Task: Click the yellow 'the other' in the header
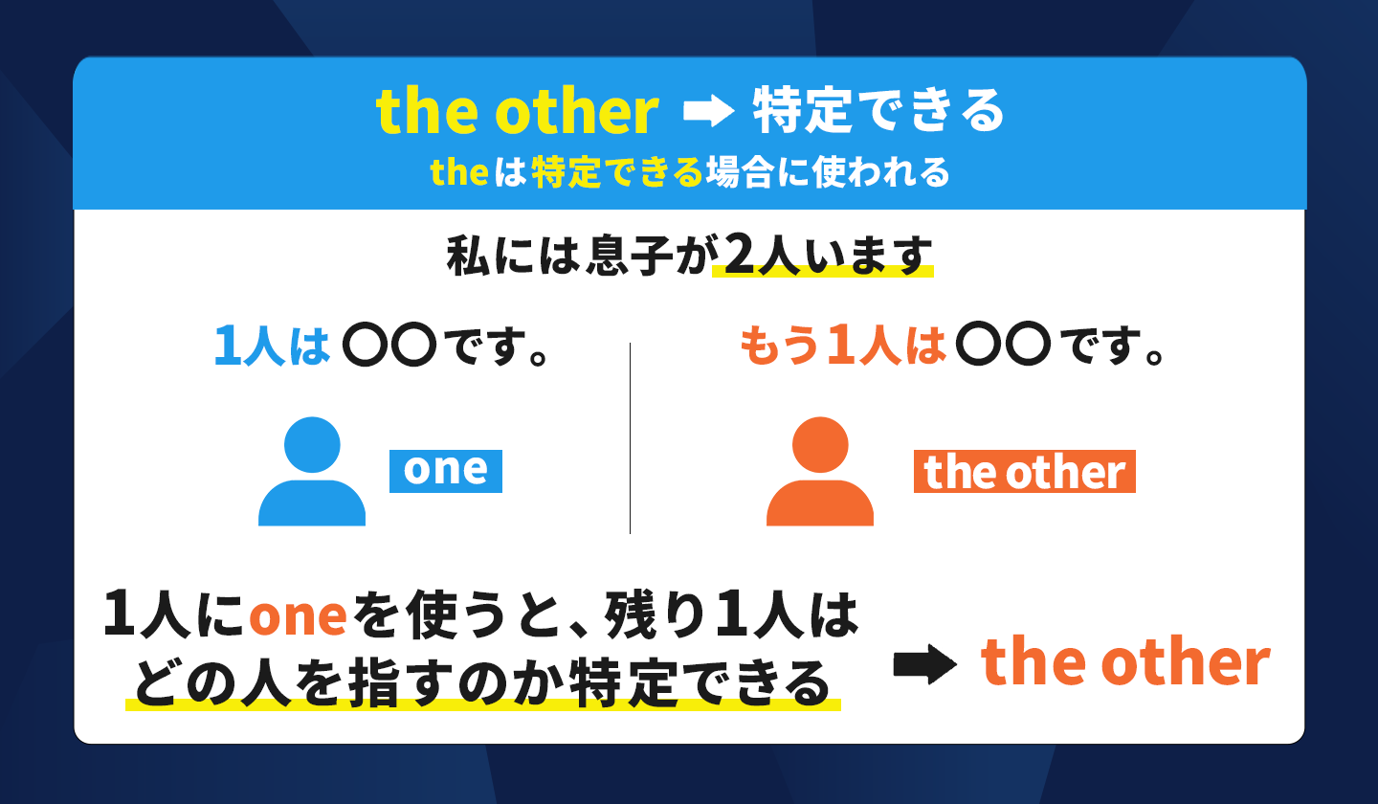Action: point(518,112)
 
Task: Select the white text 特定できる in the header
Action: point(878,112)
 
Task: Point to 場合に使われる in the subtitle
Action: point(828,172)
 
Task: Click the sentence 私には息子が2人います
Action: point(689,256)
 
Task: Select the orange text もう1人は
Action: point(843,346)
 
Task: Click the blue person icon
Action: point(312,472)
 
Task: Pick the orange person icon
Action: point(820,472)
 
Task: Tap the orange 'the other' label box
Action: point(1024,472)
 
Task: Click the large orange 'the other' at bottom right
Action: point(1125,662)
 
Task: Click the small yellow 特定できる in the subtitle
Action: point(617,172)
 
